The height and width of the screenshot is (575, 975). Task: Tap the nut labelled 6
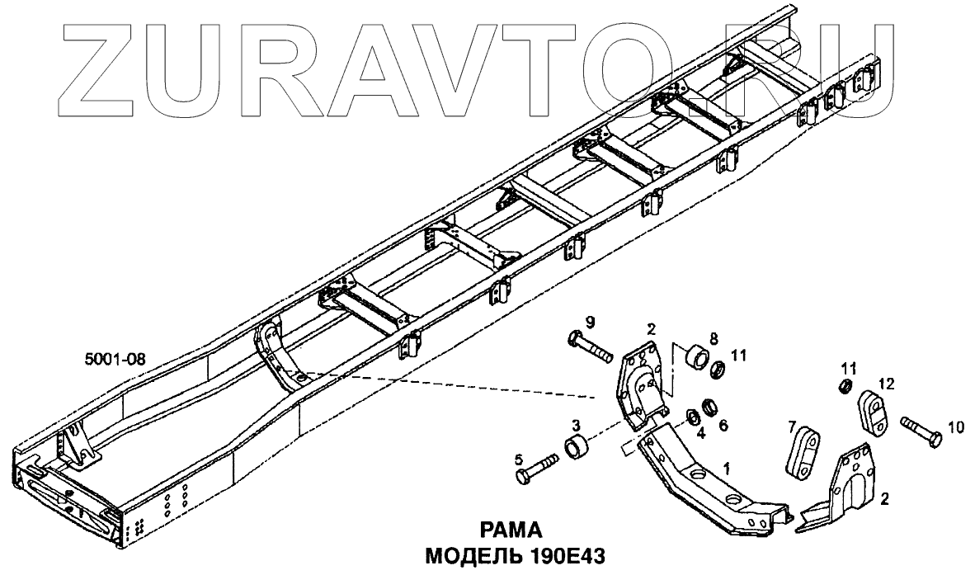[x=709, y=408]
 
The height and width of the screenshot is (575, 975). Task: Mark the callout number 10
[x=955, y=427]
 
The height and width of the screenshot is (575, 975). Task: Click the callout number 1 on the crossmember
[x=727, y=467]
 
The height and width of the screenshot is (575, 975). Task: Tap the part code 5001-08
[x=115, y=359]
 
